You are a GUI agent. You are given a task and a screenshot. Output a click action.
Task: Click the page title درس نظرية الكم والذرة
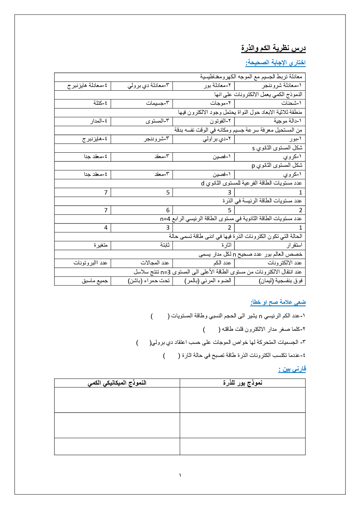pos(273,48)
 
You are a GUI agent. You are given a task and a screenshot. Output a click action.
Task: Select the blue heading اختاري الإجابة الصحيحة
pos(275,63)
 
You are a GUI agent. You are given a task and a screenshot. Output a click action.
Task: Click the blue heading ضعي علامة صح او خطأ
pos(278,302)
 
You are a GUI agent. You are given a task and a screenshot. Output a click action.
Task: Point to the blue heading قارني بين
pos(292,369)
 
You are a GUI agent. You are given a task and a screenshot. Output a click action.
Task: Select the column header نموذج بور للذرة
pos(242,383)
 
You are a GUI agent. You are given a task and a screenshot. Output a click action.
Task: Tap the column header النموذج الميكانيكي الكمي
pos(117,383)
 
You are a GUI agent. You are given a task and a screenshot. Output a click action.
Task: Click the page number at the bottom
pos(180,475)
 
